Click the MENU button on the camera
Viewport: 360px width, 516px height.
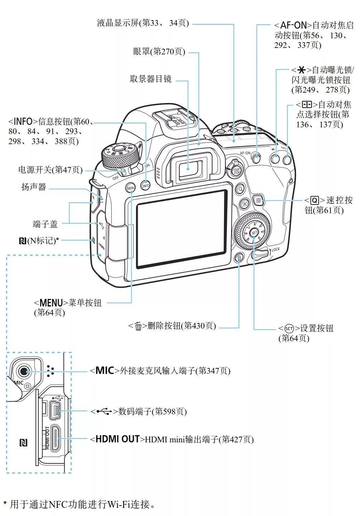click(x=131, y=187)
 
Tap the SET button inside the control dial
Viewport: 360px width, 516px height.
click(x=254, y=233)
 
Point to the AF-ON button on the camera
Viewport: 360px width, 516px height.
click(x=256, y=158)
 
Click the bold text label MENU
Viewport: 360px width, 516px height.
click(x=51, y=303)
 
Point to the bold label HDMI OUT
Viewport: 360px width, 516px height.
click(x=117, y=439)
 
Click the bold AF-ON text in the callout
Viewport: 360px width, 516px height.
click(x=293, y=25)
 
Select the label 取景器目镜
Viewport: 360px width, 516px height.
click(x=151, y=79)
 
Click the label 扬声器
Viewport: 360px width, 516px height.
click(x=34, y=187)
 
